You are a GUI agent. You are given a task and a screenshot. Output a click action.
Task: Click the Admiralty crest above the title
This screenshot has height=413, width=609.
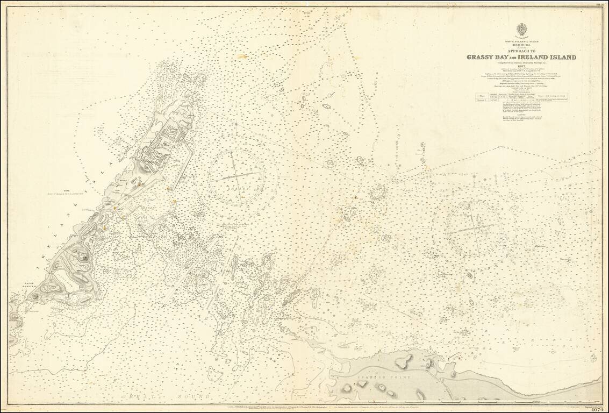(x=521, y=29)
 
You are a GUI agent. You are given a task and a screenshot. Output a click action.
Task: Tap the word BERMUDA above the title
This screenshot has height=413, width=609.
(x=521, y=45)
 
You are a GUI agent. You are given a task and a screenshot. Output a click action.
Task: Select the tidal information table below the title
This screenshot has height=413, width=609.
(x=521, y=98)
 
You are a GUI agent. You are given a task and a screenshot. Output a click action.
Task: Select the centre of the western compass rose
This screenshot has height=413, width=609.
(x=237, y=177)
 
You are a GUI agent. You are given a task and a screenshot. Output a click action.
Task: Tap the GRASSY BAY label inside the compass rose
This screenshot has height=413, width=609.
(x=237, y=190)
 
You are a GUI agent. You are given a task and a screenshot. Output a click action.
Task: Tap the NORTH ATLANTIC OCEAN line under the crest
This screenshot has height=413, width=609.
(x=521, y=41)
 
